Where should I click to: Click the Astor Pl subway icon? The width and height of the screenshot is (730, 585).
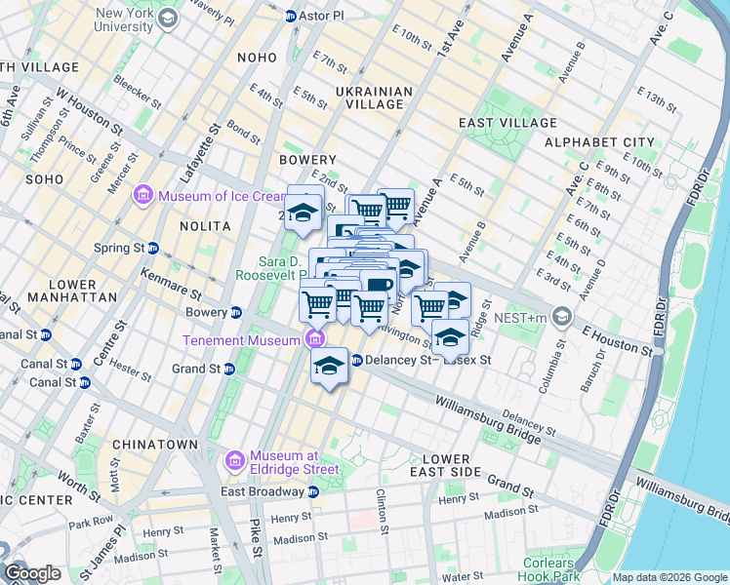[x=290, y=17]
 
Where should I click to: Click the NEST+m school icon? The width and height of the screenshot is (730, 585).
[x=562, y=316]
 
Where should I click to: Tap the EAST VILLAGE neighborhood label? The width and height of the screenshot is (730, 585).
[x=507, y=123]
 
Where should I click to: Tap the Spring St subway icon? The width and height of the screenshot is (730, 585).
[x=153, y=248]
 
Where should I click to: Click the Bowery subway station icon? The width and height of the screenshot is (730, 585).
[x=235, y=313]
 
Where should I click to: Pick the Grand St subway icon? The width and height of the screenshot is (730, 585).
[x=229, y=369]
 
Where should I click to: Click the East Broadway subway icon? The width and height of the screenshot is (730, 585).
[x=312, y=491]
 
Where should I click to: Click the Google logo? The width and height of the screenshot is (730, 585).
[x=32, y=573]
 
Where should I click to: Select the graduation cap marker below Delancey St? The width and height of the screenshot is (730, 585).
[x=330, y=367]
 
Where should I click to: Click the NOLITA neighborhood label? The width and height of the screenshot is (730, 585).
[x=205, y=226]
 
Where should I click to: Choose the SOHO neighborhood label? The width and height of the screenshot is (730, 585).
[x=44, y=179]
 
